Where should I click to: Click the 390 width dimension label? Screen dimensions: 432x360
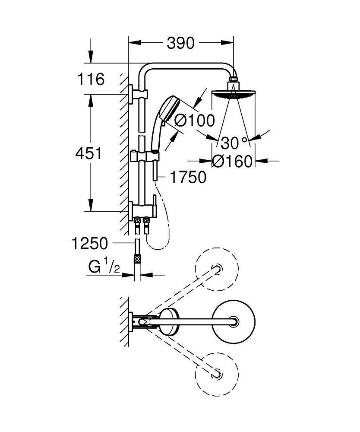(x=180, y=43)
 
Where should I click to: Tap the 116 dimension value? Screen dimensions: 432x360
(x=91, y=79)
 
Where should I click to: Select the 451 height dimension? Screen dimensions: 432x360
(x=89, y=153)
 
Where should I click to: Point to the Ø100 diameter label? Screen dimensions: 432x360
(x=194, y=121)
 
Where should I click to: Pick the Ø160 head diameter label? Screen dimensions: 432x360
(x=232, y=162)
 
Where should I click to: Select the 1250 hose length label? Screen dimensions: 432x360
(x=90, y=244)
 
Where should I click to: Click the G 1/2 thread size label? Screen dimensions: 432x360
(x=103, y=268)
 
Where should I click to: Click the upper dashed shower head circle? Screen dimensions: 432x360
(x=217, y=269)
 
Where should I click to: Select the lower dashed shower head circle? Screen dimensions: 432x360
(x=217, y=372)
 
